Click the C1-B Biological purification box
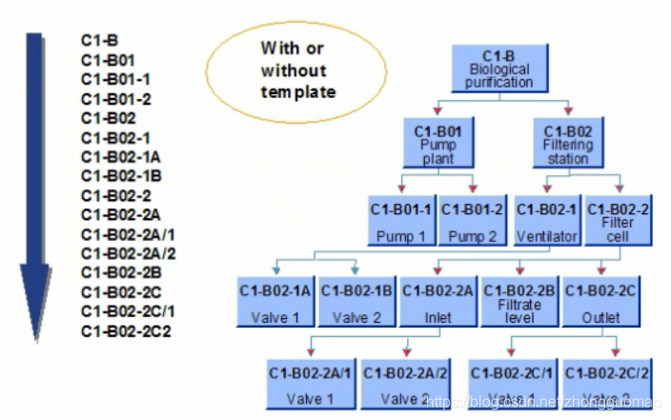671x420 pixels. tap(500, 69)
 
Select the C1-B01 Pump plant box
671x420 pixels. tap(439, 142)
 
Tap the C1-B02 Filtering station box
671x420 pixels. tap(568, 142)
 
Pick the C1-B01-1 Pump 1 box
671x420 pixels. tap(401, 219)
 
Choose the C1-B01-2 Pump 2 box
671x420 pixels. tap(472, 219)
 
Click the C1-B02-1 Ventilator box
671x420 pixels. tap(546, 219)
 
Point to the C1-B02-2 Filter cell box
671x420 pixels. tap(617, 219)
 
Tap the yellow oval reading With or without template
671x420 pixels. tap(294, 70)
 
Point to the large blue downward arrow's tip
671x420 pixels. tap(36, 335)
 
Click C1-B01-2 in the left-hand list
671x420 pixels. tap(115, 99)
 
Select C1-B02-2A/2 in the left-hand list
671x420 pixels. tap(129, 253)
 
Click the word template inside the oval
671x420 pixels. tap(294, 92)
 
